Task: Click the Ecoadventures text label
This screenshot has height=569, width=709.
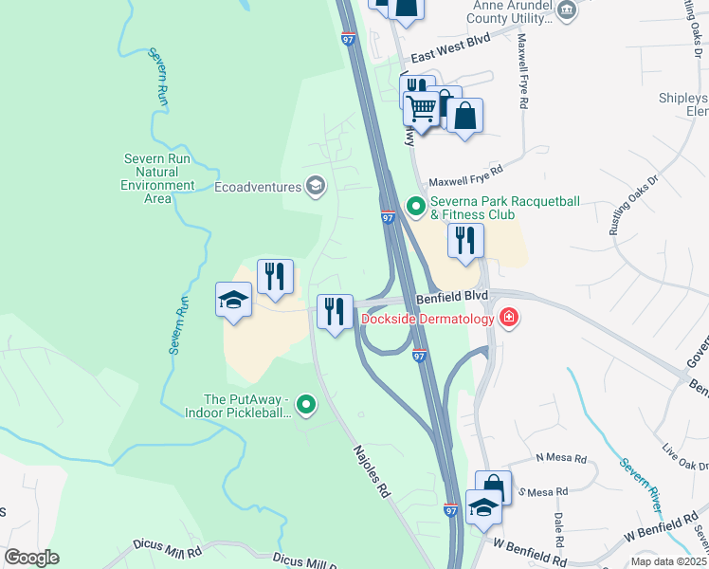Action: coord(257,188)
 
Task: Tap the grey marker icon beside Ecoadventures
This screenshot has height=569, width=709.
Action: coord(316,186)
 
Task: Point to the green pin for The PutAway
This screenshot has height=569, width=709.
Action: coord(305,406)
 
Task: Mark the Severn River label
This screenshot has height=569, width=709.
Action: coord(644,484)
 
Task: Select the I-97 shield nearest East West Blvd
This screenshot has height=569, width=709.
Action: coord(348,39)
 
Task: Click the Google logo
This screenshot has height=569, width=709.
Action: coord(32,557)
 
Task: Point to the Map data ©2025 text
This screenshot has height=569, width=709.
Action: coord(668,561)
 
